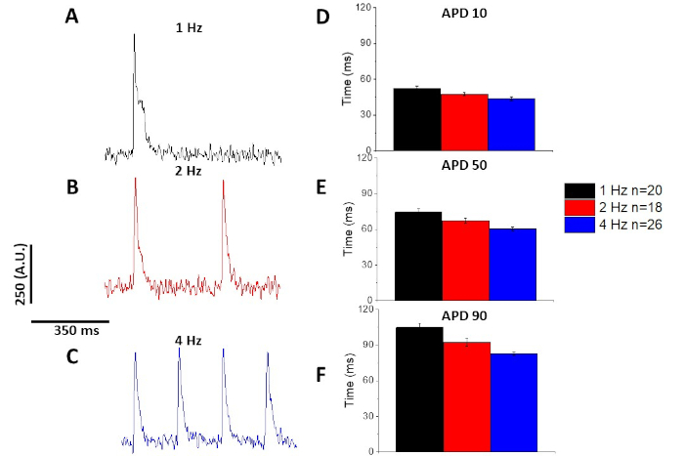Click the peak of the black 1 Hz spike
click(134, 34)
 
